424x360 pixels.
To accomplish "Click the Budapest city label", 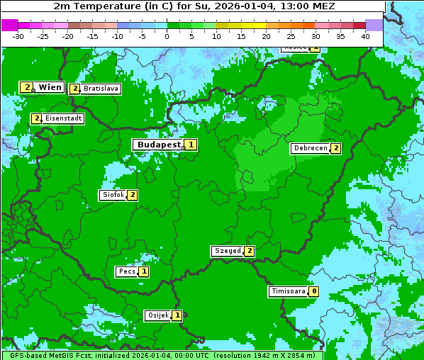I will pos(159,145).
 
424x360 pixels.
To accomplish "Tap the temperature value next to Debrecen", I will pos(335,148).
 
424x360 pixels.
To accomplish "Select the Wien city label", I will pos(50,87).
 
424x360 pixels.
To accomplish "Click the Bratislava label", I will pos(100,89).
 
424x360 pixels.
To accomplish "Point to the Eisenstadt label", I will pos(63,118).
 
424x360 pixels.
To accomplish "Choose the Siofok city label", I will pos(113,195).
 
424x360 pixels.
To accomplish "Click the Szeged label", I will pos(227,251).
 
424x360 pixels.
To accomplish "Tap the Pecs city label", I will pos(127,271).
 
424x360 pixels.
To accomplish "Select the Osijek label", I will pos(157,315).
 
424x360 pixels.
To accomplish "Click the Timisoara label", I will pos(288,291).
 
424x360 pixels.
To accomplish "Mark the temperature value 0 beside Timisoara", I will pos(313,291).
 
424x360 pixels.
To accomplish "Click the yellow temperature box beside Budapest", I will pos(191,145).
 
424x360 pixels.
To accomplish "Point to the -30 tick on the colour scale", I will pos(18,35).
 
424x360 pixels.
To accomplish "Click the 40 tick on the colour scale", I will pos(365,35).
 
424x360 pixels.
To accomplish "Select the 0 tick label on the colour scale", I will pos(167,35).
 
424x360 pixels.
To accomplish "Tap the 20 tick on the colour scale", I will pos(266,35).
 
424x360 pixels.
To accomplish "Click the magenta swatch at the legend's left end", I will pos(9,25).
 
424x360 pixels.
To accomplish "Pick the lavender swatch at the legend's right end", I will pos(374,25).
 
